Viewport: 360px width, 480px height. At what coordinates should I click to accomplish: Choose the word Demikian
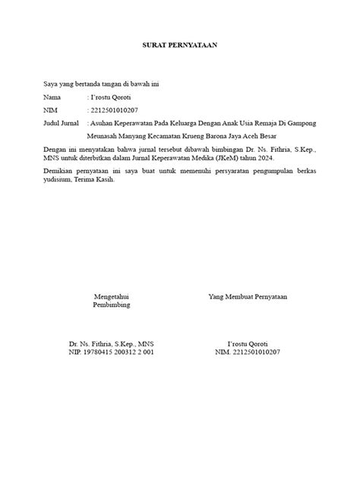click(x=60, y=173)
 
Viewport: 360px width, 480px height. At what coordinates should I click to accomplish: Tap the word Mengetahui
click(x=111, y=295)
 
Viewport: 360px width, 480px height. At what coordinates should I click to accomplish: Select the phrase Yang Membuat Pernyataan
click(x=248, y=295)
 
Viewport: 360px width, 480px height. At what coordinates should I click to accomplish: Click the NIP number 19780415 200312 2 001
click(x=111, y=353)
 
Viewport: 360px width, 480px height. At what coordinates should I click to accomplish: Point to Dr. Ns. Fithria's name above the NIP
click(x=111, y=344)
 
